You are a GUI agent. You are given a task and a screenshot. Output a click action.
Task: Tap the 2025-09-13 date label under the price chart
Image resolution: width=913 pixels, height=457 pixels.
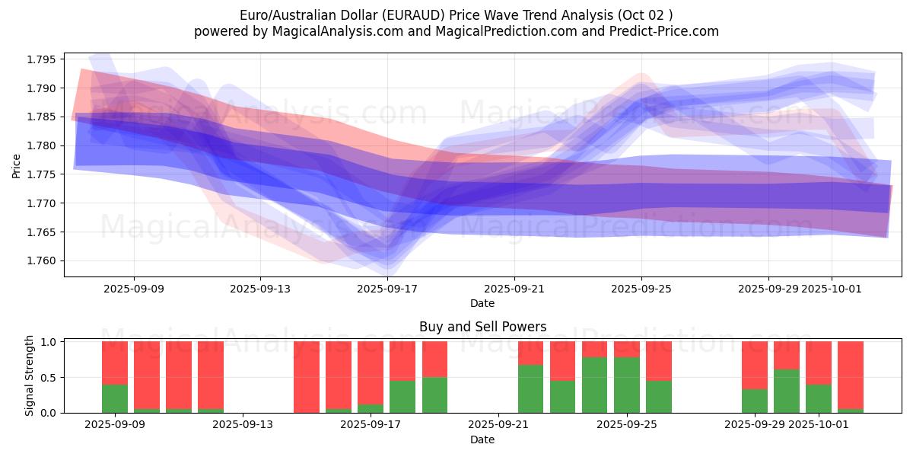coord(260,289)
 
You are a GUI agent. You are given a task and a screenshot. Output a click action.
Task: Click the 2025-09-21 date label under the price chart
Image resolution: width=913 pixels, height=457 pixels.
coord(514,289)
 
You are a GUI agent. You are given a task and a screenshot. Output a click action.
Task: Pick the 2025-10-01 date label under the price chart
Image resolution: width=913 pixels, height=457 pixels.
coord(831,289)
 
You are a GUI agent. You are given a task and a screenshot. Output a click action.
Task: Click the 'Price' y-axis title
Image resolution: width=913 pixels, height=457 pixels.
coord(17,165)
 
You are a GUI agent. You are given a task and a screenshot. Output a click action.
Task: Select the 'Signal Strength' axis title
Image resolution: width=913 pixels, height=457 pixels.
coord(30,376)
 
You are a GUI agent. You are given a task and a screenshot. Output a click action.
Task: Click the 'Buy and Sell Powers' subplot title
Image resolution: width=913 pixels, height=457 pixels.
coord(482,327)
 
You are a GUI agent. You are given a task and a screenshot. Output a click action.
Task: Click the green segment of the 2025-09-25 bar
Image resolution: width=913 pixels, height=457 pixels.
coord(627,385)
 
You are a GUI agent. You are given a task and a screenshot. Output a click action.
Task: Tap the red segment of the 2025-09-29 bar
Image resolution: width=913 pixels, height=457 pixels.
coord(755,366)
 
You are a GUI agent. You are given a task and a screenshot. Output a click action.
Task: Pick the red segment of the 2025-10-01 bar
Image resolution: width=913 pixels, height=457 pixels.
coord(819,363)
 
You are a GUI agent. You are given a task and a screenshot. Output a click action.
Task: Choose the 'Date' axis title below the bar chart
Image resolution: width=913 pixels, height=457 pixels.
coord(482,439)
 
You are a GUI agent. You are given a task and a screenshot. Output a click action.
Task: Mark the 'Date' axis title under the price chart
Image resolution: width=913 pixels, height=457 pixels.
coord(482,303)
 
